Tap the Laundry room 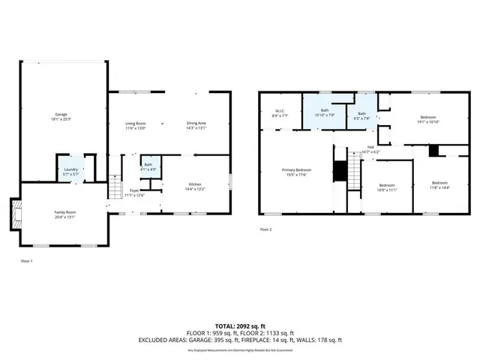pyautogui.click(x=71, y=171)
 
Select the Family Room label pyautogui.click(x=64, y=214)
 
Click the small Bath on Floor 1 pyautogui.click(x=148, y=166)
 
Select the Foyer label pyautogui.click(x=133, y=193)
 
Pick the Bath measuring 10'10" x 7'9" pyautogui.click(x=325, y=112)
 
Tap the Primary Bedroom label pyautogui.click(x=296, y=172)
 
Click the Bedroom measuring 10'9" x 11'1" pyautogui.click(x=386, y=187)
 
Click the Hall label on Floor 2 pyautogui.click(x=370, y=149)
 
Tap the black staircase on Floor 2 pyautogui.click(x=341, y=171)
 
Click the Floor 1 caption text pyautogui.click(x=26, y=261)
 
